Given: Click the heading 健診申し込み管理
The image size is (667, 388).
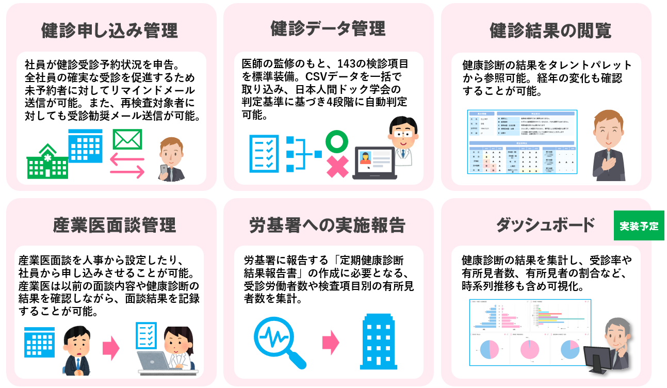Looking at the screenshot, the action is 109,30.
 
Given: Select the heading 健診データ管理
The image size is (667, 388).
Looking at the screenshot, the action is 328,29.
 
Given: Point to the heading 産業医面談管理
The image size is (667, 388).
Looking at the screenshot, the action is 115,225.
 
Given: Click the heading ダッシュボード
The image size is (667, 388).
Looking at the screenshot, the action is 545,225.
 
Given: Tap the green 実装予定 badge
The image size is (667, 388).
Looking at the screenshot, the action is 639,226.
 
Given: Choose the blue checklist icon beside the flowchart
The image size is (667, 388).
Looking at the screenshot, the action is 264,153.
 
